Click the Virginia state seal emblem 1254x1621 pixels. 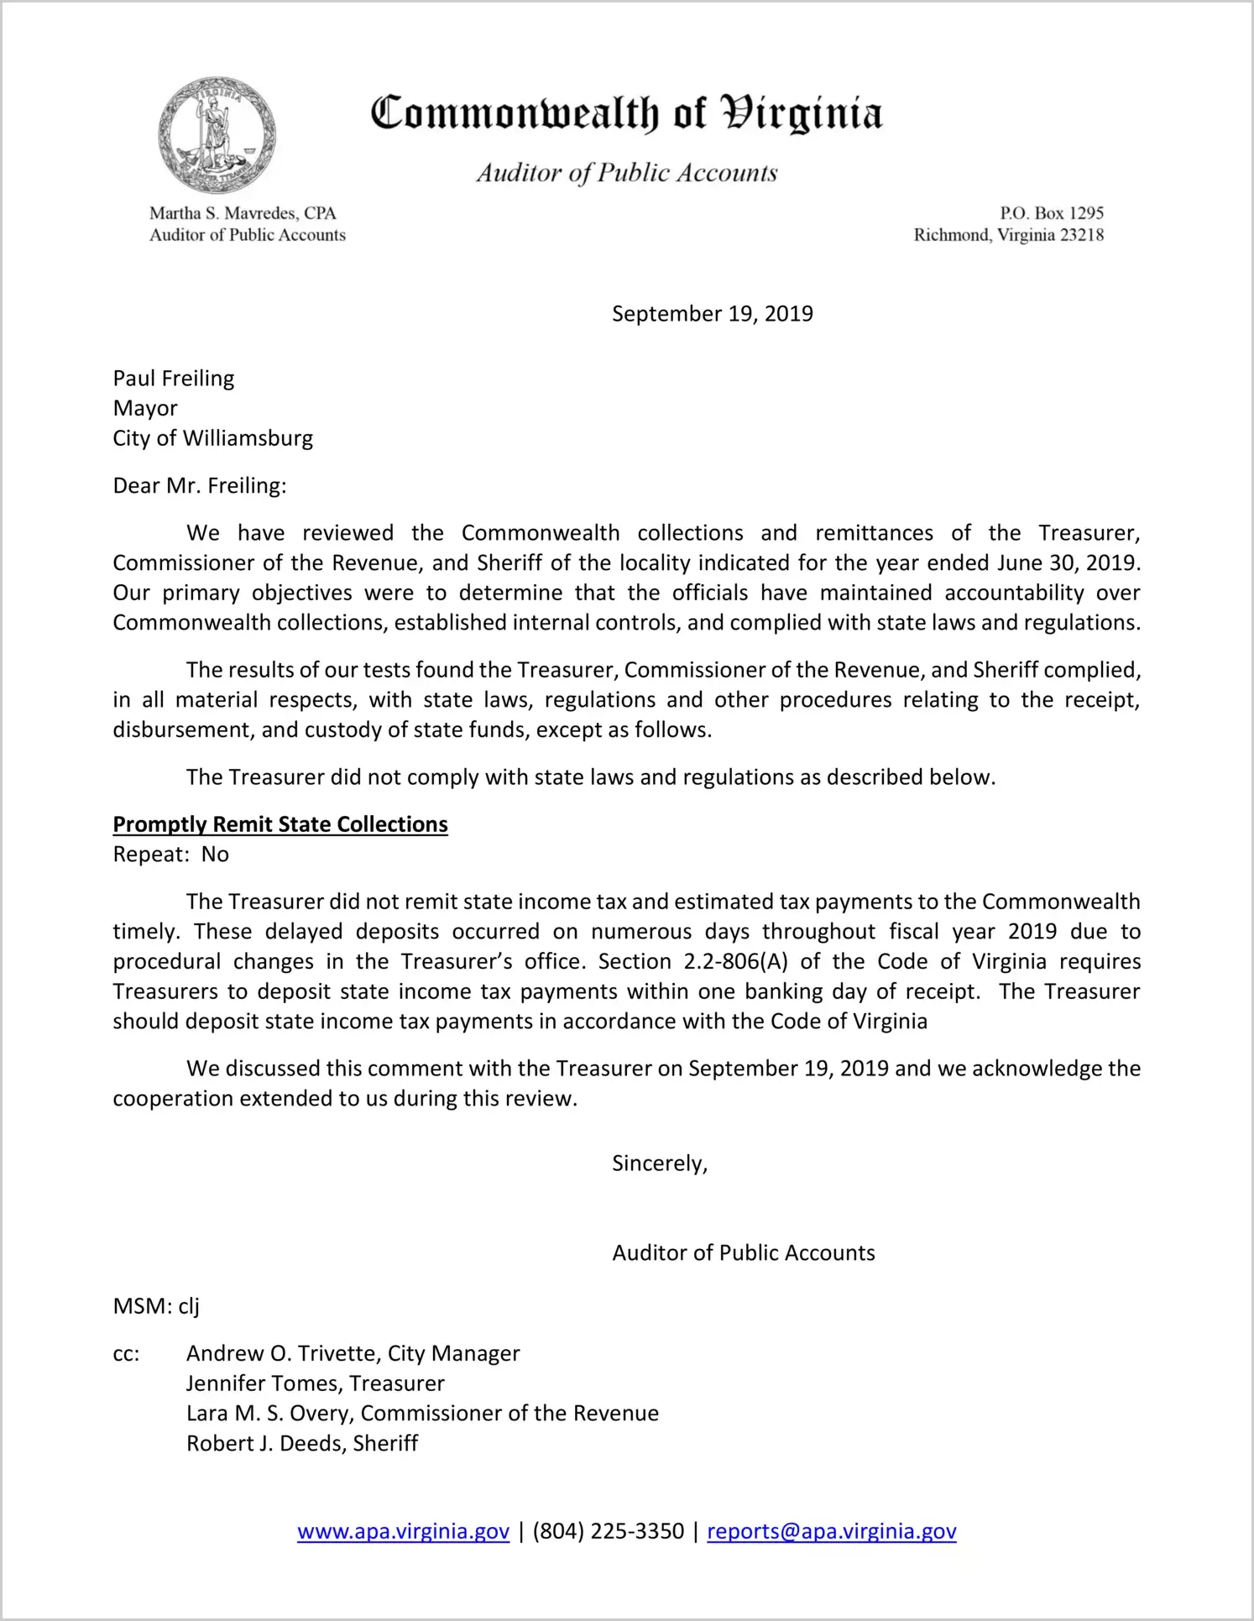(x=217, y=135)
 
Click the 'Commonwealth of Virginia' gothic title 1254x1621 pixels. (x=626, y=113)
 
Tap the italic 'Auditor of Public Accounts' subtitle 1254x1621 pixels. (x=626, y=173)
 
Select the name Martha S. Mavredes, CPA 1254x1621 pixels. (x=243, y=213)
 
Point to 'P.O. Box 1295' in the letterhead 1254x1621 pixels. (x=1051, y=213)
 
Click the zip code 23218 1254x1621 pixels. (x=1082, y=235)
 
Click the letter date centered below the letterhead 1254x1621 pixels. (x=712, y=314)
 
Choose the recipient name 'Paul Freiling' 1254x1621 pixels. (x=174, y=379)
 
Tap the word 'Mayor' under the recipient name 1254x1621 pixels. (x=145, y=409)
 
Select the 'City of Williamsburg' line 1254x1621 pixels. (x=213, y=438)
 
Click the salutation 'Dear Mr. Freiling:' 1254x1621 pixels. (x=200, y=486)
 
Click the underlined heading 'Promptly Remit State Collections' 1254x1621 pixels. (x=280, y=824)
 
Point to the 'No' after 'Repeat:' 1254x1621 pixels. (x=215, y=855)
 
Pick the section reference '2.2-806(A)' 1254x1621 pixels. (x=735, y=961)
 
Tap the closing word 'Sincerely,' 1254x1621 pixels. (x=660, y=1163)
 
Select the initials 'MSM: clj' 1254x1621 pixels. (x=156, y=1306)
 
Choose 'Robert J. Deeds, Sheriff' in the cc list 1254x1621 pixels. (x=302, y=1443)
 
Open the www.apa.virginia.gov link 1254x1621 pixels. (x=403, y=1531)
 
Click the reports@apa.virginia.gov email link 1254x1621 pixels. (x=831, y=1531)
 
